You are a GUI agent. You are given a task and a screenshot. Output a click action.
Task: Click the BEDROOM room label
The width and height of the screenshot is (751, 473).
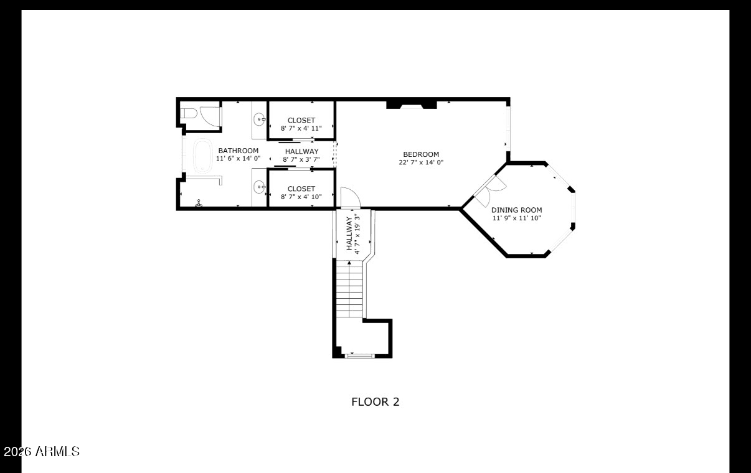(x=421, y=154)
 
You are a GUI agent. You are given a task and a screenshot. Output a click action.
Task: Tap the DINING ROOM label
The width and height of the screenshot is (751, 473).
(x=516, y=210)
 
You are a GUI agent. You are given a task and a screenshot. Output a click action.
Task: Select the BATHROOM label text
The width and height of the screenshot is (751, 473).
(x=238, y=151)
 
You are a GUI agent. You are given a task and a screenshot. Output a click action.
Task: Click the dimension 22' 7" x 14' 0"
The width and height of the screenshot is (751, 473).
(x=421, y=162)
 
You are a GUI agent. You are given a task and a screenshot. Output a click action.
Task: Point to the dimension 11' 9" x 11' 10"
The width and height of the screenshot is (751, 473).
(x=516, y=218)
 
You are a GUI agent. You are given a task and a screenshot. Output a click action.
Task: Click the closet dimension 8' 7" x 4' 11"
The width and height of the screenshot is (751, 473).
(x=301, y=128)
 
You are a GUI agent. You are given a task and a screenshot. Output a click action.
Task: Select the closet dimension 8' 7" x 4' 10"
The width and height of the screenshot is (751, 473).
(x=301, y=197)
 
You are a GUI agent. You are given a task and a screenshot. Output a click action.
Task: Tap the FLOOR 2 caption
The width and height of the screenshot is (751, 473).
(x=375, y=401)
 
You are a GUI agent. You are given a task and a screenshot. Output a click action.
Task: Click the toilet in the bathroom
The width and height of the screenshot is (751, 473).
(x=188, y=113)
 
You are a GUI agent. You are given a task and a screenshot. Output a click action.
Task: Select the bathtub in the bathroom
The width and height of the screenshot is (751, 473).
(x=203, y=156)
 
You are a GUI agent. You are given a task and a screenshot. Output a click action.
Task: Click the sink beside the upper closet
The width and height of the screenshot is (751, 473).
(x=260, y=119)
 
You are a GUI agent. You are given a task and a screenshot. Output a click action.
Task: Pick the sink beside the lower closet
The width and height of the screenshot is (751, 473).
(x=260, y=187)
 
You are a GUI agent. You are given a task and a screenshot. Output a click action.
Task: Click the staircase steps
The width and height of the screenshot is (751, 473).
(x=349, y=289)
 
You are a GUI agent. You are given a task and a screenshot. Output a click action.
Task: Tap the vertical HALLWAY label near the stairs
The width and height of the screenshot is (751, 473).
(x=349, y=233)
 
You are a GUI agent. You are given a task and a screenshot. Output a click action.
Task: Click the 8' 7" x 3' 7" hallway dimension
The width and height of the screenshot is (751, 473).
(x=301, y=159)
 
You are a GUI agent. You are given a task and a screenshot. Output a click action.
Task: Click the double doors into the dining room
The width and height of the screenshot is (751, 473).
(x=490, y=190)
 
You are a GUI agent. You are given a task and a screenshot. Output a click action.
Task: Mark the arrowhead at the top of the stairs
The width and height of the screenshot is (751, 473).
(x=349, y=263)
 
